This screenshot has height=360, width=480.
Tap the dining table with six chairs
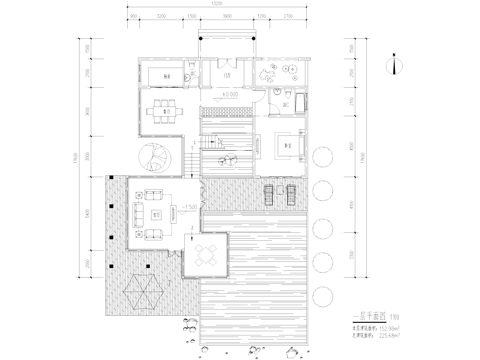(x=159, y=112)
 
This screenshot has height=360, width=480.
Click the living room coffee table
(x=156, y=214)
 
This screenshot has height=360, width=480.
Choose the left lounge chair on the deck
(x=268, y=192)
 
